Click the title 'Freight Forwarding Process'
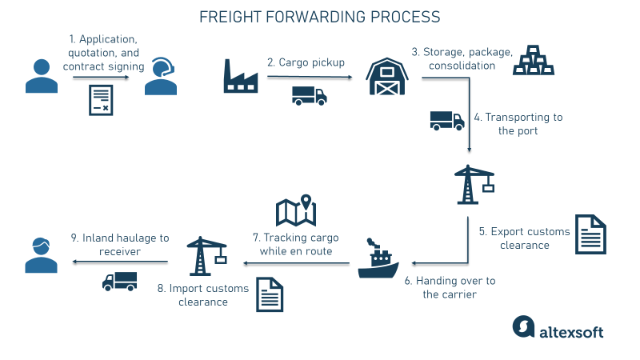coord(319,17)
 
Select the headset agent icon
coord(160,77)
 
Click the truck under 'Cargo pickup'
coord(309,96)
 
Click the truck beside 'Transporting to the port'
coord(446,120)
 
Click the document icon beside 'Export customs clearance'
coord(590,234)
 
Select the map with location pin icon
coord(296,210)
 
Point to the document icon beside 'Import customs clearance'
coord(269,294)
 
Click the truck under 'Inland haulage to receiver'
coord(119,281)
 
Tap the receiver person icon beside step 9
coord(37,254)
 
